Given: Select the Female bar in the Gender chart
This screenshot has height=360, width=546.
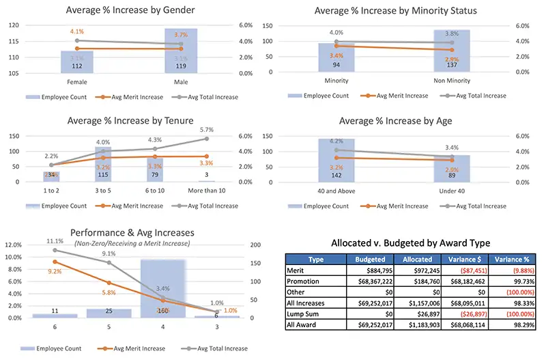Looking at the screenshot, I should coord(76,61).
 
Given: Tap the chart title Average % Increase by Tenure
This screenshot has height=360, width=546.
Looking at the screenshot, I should coord(129,121).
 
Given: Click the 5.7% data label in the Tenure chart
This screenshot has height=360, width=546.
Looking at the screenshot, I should coord(225,129).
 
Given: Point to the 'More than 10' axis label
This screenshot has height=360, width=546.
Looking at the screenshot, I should coord(225,189).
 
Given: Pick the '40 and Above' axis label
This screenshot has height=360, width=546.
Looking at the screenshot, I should coord(336,189).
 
